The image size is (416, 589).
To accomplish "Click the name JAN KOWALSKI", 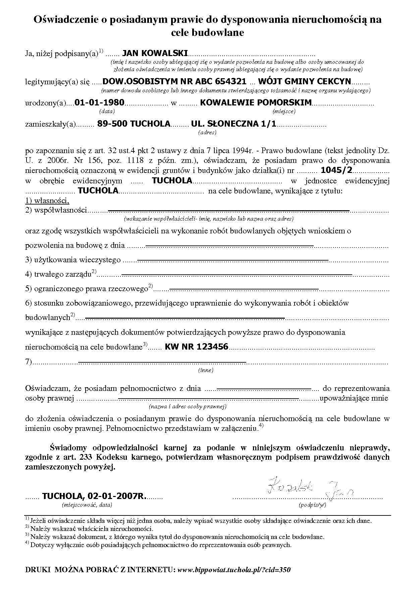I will [x=155, y=53].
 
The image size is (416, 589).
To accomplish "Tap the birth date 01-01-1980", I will [x=99, y=102].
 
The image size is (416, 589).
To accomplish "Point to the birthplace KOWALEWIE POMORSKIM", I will [x=256, y=102].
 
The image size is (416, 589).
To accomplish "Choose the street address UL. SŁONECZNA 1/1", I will [x=233, y=124].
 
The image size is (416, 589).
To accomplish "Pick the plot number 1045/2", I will [x=336, y=170].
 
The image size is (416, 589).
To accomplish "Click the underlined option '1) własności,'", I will [x=47, y=201].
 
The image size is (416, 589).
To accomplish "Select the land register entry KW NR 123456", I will [x=196, y=347].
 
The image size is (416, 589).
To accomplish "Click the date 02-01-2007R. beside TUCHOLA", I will [x=117, y=496].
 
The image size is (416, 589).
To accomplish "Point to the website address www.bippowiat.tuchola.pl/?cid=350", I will [x=234, y=570].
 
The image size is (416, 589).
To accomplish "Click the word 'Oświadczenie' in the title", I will [x=66, y=19].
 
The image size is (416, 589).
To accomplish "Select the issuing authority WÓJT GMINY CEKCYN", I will [x=304, y=81].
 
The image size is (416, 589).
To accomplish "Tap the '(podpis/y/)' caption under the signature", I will [x=312, y=505].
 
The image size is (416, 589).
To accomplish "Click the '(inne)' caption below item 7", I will [x=206, y=370].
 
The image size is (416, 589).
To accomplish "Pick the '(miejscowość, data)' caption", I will [x=87, y=505].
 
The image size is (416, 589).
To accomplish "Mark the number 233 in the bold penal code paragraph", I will [x=87, y=457].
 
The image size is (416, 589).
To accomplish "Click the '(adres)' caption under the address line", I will [x=207, y=132].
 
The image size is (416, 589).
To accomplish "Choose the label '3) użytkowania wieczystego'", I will [x=73, y=260].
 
